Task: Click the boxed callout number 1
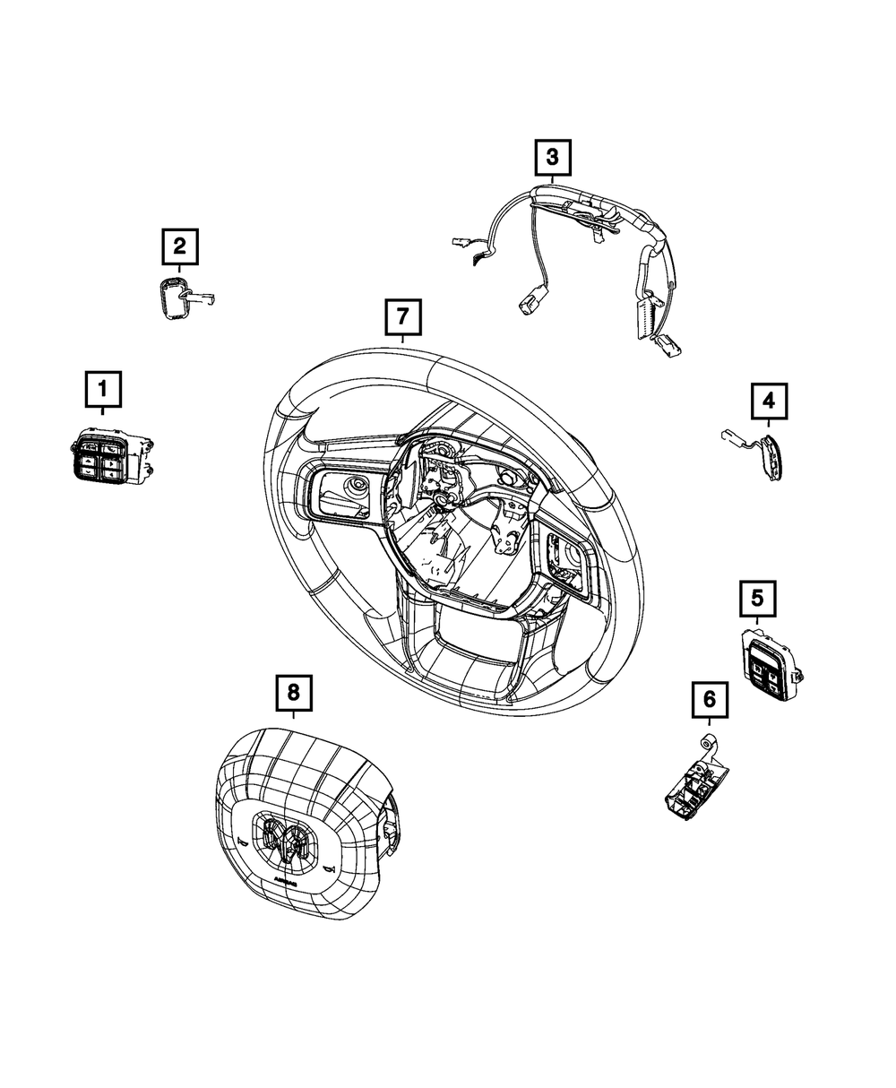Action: (103, 391)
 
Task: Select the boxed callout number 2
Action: (179, 246)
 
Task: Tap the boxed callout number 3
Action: (552, 159)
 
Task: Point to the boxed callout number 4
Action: (769, 402)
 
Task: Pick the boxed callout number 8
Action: (293, 692)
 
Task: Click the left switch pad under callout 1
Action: (101, 456)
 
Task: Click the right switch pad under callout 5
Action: (765, 663)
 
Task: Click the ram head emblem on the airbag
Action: (284, 843)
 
